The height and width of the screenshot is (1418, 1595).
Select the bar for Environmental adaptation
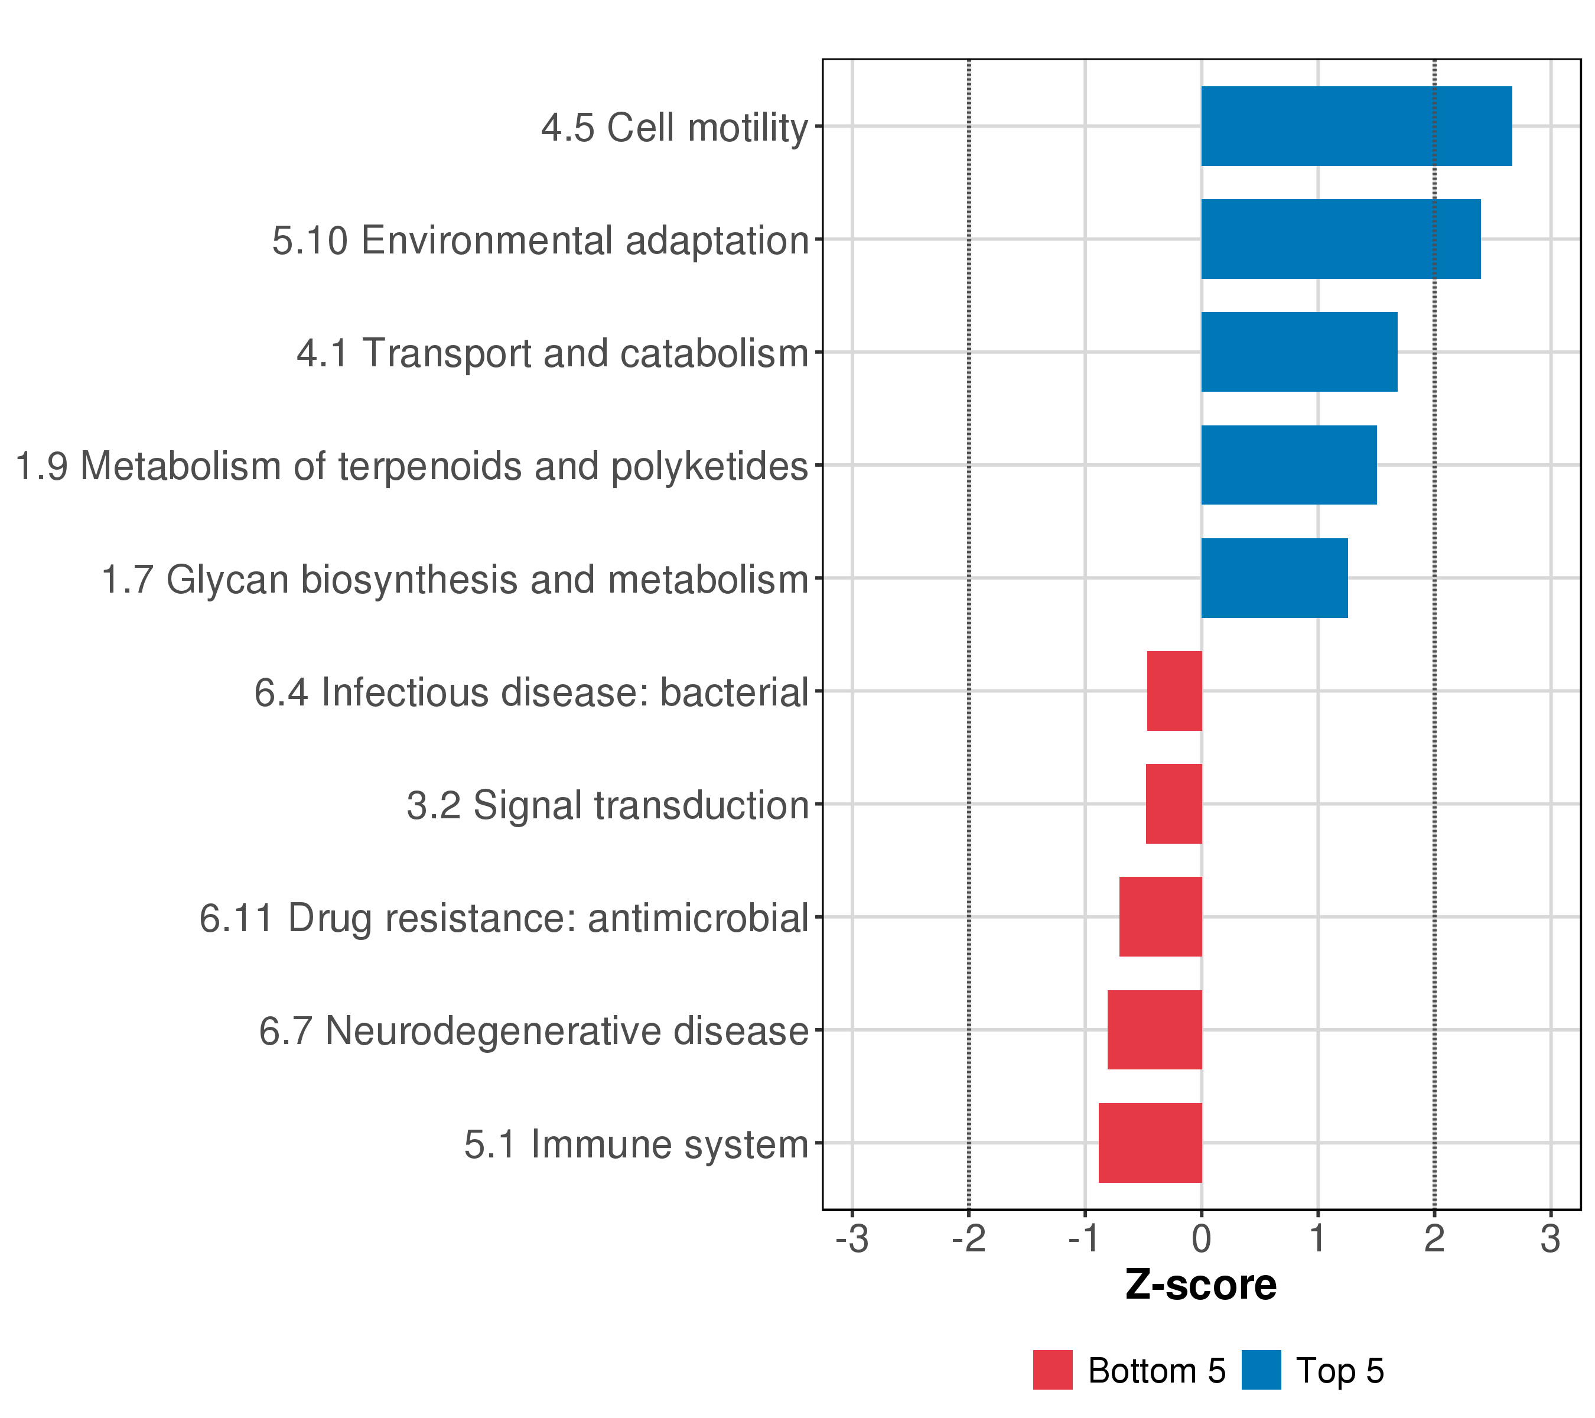(1340, 239)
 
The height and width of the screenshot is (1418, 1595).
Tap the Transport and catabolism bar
(1298, 352)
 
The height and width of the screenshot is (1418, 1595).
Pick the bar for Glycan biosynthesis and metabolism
(1274, 578)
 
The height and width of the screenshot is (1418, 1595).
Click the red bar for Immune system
(1150, 1143)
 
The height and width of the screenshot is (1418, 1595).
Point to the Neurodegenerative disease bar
(1154, 1029)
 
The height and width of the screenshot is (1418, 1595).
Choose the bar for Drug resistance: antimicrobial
(1160, 916)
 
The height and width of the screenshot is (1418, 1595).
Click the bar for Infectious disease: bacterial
(1174, 691)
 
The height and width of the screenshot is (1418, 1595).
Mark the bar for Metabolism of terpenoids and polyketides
(1288, 465)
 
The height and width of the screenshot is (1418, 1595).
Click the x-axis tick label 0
(1201, 1240)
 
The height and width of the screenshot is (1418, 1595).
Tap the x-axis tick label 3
(1551, 1240)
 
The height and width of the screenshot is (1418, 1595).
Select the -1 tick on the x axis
(1085, 1240)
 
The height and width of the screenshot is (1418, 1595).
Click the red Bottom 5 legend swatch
(1053, 1370)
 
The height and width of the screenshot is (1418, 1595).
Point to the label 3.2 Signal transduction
(607, 805)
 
